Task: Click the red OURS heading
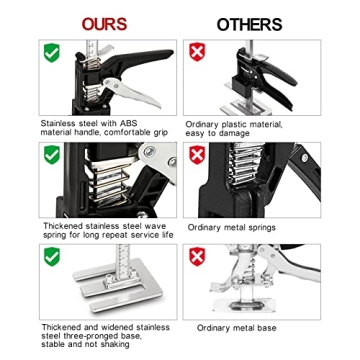coord(104,23)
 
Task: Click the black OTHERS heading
coord(249,23)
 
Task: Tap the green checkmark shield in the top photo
coord(52,52)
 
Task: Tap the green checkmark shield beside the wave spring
coord(52,154)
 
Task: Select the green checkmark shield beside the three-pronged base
coord(52,257)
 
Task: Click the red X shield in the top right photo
coord(197,52)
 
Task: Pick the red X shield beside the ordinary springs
coord(197,154)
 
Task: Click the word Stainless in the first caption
coord(58,123)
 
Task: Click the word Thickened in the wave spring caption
coord(61,225)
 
